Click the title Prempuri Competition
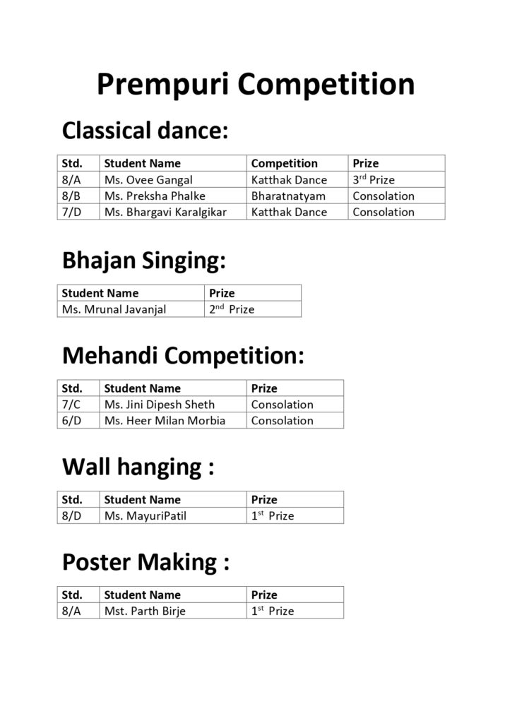255,84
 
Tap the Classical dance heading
145,130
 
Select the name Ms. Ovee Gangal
148,180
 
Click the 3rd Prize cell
374,180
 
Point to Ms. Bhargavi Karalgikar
165,212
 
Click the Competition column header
285,164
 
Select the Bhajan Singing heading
144,261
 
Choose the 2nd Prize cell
232,309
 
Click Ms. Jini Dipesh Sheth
160,405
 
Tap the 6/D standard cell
72,421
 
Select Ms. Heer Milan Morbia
165,421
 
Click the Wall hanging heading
138,467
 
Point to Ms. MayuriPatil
145,516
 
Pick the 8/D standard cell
72,516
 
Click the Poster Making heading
146,562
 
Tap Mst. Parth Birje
145,611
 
